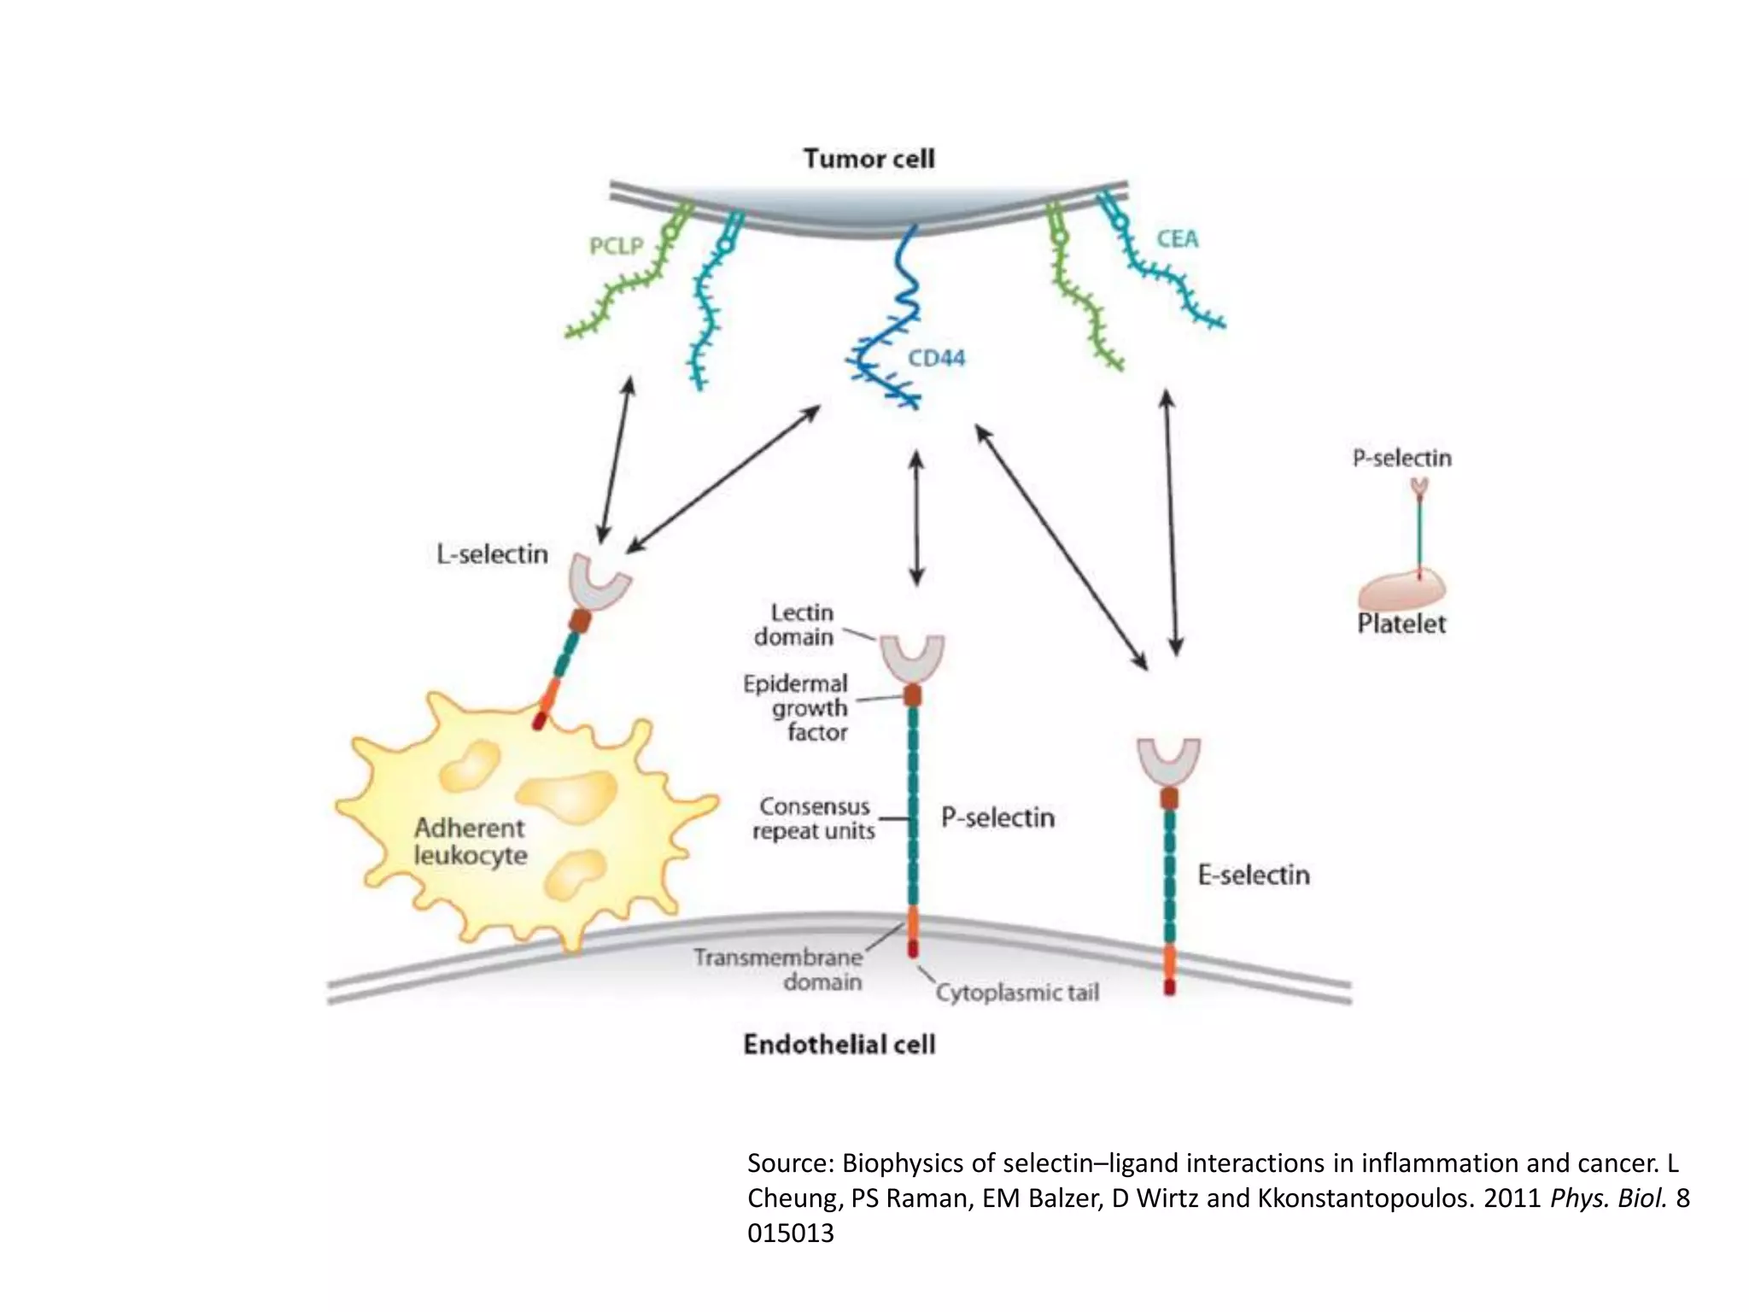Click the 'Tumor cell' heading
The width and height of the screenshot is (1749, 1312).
(869, 159)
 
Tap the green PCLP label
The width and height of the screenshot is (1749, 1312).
(616, 247)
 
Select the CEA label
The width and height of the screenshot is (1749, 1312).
(1177, 239)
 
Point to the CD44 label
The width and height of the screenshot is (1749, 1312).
(936, 358)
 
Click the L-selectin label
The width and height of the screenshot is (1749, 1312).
(492, 554)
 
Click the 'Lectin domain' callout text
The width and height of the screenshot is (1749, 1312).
(794, 624)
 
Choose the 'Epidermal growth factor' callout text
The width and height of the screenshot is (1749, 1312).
(796, 707)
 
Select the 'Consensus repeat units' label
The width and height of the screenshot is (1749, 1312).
(813, 818)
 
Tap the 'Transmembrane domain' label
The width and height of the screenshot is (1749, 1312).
(777, 969)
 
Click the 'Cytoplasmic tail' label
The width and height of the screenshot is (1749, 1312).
(1017, 993)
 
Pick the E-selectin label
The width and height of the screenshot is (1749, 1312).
(1253, 875)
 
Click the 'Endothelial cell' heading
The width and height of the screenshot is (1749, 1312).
(839, 1044)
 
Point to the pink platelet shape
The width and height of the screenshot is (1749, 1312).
(1401, 590)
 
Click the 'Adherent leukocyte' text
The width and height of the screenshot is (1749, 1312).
(470, 841)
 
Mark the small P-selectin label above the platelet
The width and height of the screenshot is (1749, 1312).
(1401, 459)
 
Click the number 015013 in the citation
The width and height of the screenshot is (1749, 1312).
(790, 1233)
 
